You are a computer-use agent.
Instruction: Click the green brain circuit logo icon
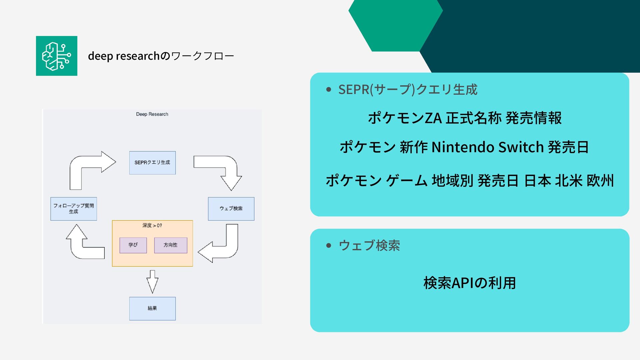point(57,56)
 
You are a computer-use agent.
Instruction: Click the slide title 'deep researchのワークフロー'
point(161,56)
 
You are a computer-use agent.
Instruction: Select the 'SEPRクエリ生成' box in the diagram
point(152,163)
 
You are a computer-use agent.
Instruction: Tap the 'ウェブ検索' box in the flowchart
point(231,209)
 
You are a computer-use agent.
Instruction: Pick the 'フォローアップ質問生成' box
point(74,209)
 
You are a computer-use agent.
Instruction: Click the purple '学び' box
point(133,245)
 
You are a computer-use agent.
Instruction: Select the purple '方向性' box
point(170,245)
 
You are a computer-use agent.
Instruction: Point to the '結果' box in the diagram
point(152,308)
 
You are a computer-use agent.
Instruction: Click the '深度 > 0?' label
point(152,226)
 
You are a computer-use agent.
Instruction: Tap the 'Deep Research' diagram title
point(152,114)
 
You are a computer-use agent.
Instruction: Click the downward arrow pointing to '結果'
point(152,282)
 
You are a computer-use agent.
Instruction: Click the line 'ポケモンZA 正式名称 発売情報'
point(465,118)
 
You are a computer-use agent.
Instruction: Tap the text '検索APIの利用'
point(469,283)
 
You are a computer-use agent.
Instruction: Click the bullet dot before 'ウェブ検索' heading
point(329,246)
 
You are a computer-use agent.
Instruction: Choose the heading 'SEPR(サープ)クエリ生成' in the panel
point(408,90)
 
